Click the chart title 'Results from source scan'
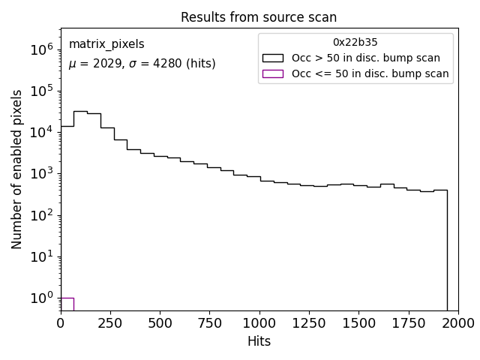[259, 16]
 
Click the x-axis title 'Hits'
[259, 341]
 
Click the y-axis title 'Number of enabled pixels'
[16, 169]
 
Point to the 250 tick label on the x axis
[110, 323]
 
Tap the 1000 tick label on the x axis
[259, 323]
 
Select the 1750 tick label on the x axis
[408, 323]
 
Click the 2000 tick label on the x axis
[457, 323]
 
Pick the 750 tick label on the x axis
[209, 323]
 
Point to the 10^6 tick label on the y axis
[42, 49]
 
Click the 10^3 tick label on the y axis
[42, 174]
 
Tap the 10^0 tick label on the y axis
[42, 298]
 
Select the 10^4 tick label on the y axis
[42, 132]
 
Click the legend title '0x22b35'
[355, 43]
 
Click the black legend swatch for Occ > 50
[272, 58]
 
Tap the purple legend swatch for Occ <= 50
[272, 73]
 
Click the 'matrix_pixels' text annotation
[106, 45]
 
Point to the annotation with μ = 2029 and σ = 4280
[142, 64]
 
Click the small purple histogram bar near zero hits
[67, 304]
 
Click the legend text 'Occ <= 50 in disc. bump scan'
[370, 73]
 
